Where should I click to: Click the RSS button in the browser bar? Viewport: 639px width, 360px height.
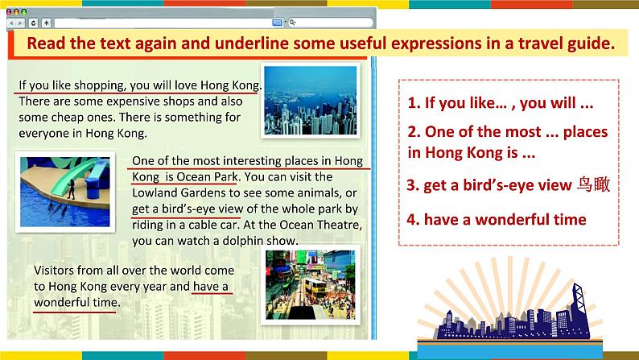277,23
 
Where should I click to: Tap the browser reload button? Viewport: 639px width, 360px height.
34,23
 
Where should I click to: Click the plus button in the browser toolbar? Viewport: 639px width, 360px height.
47,23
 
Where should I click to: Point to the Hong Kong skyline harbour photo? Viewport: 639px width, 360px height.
311,101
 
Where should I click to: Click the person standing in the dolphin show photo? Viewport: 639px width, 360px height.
72,188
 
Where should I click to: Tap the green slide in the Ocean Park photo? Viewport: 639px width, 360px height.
77,176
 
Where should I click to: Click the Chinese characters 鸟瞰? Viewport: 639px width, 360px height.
594,184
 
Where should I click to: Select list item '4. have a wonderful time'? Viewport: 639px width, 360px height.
497,220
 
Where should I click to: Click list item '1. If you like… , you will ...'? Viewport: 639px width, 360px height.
501,103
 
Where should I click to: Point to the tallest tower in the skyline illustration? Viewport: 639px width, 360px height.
579,310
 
